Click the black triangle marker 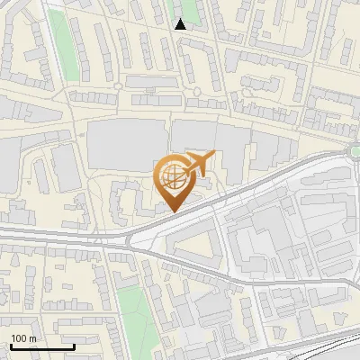pos(181,24)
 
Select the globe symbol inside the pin pos(170,175)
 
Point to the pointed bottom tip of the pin pos(171,211)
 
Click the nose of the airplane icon pos(214,155)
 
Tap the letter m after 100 pos(33,338)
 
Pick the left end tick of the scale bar pos(11,346)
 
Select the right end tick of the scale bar pos(74,346)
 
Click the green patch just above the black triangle pos(181,8)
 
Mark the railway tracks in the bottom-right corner pos(324,346)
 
